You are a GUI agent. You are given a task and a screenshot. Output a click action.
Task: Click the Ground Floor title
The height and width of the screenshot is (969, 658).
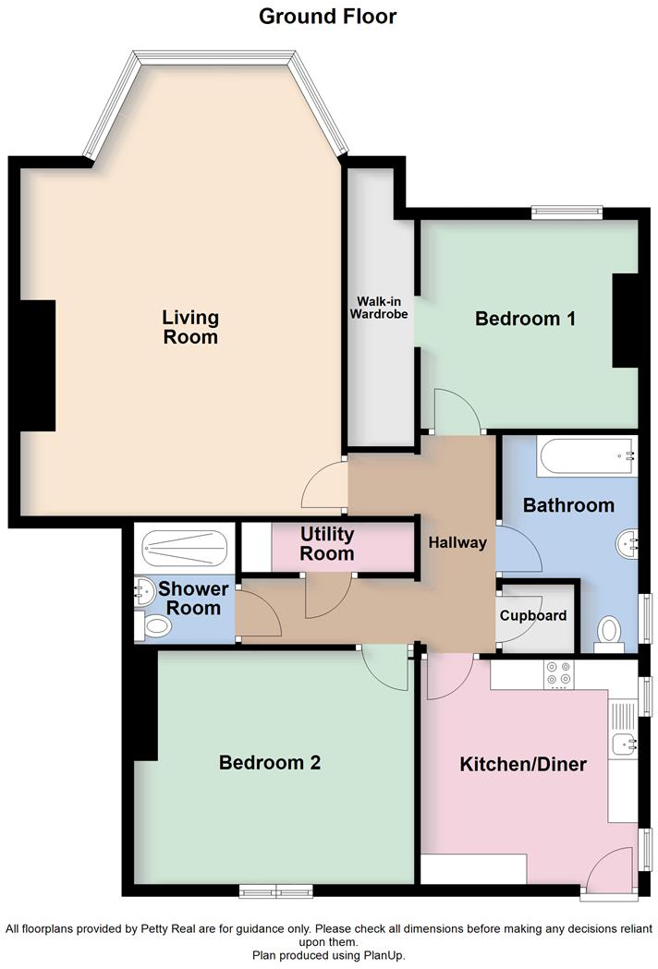coord(328,16)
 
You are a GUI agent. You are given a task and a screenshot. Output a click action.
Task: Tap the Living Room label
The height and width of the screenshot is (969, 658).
coord(190,327)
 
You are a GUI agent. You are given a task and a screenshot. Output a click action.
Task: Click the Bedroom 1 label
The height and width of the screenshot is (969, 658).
coord(525,319)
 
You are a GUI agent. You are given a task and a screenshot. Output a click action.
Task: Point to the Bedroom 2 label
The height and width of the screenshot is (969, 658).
coord(269,763)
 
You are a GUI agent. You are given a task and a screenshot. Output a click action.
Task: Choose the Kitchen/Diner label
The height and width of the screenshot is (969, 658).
coord(523,765)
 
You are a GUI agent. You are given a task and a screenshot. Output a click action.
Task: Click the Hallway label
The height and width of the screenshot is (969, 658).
coord(457,542)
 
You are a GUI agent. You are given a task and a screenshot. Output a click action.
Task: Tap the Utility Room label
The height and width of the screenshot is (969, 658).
coord(327,544)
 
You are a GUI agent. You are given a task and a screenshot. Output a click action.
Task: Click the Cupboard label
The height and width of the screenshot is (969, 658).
coord(533,616)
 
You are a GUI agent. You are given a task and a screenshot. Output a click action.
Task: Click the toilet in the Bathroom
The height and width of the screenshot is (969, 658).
coord(609,634)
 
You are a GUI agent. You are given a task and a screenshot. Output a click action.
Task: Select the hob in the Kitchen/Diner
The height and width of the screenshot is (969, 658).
coord(559,675)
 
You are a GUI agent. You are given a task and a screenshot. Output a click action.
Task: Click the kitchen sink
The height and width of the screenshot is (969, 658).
coord(623,742)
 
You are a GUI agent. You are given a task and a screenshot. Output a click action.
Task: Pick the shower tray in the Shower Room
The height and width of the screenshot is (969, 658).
coord(185,546)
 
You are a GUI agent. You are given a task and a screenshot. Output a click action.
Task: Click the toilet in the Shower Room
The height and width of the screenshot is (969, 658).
coord(153,628)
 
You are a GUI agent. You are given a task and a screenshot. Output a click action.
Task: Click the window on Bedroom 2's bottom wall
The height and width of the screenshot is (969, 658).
coord(275,890)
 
